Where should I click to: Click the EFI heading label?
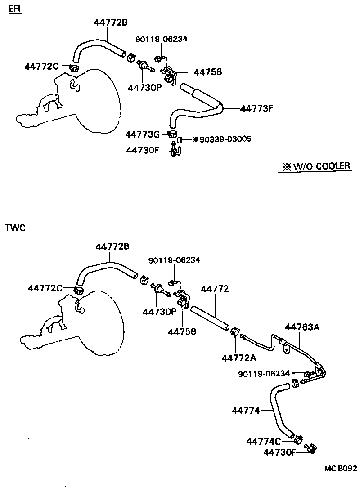pyautogui.click(x=15, y=9)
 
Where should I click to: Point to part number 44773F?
pyautogui.click(x=257, y=108)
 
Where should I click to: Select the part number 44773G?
pyautogui.click(x=142, y=134)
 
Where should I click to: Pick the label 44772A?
pyautogui.click(x=238, y=358)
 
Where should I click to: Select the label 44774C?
pyautogui.click(x=263, y=441)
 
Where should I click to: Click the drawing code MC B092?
pyautogui.click(x=341, y=468)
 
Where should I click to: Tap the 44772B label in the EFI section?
pyautogui.click(x=111, y=22)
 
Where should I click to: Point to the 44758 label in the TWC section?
pyautogui.click(x=182, y=331)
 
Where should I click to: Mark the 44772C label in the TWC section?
pyautogui.click(x=45, y=288)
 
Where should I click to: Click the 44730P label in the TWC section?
pyautogui.click(x=160, y=311)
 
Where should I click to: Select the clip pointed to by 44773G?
pyautogui.click(x=171, y=134)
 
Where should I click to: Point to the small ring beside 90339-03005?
pyautogui.click(x=179, y=139)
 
